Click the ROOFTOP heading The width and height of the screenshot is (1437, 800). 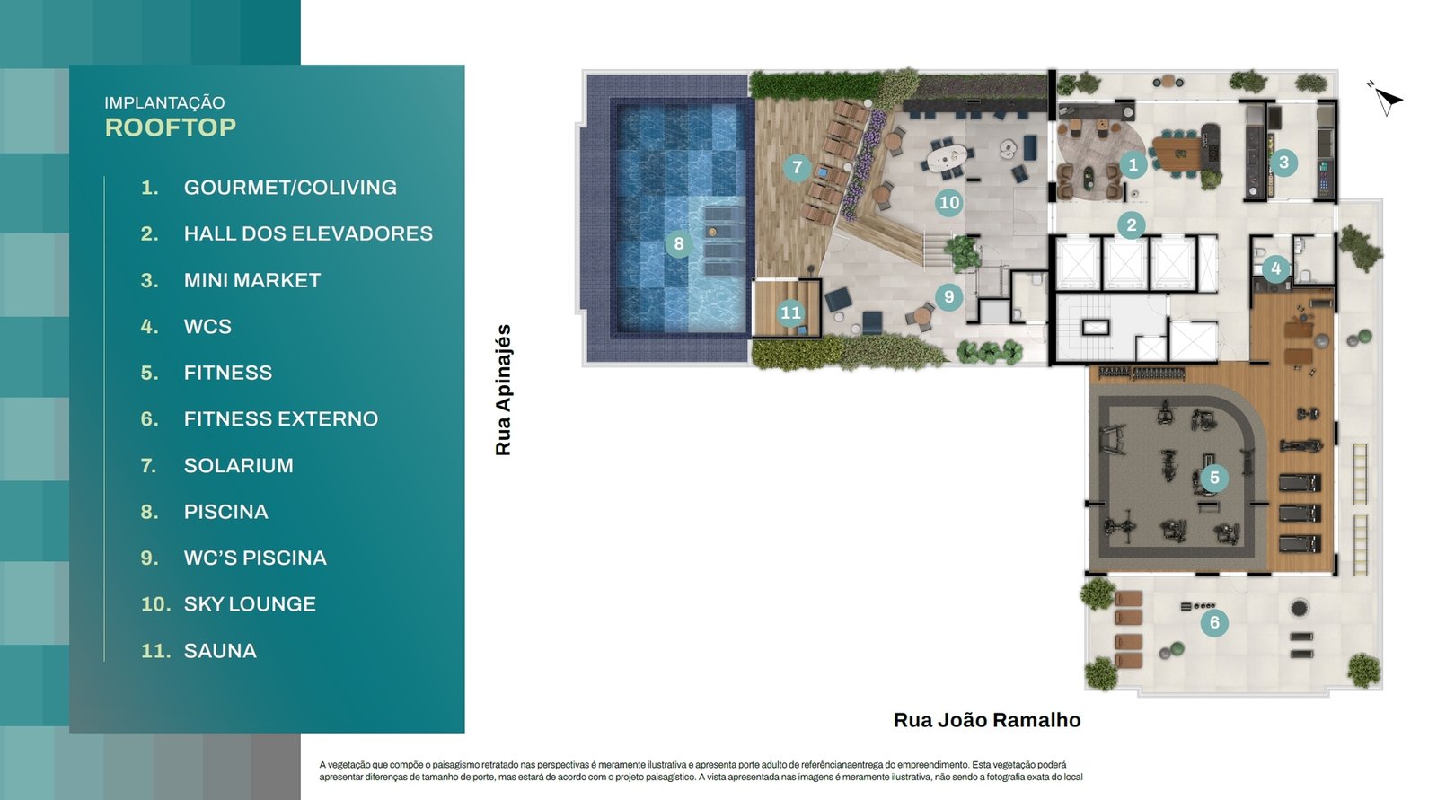point(171,127)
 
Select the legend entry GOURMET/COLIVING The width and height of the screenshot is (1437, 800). point(290,188)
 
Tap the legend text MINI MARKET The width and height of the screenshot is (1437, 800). point(252,280)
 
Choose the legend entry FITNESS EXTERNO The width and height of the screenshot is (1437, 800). point(281,419)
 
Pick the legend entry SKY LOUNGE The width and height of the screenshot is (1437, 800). point(250,604)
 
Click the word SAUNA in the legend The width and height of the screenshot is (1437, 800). point(220,651)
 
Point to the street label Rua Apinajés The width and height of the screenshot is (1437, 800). point(503,390)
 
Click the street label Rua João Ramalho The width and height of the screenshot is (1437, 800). point(987,720)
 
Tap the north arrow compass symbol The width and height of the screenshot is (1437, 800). point(1387,100)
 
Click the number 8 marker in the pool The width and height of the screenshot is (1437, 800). point(679,244)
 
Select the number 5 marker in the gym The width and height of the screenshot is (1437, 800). point(1213,478)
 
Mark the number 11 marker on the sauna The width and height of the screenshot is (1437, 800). point(790,312)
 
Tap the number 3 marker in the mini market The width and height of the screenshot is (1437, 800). point(1283,163)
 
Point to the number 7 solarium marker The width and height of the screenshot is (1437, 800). point(798,167)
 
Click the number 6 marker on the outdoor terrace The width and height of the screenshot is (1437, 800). point(1213,622)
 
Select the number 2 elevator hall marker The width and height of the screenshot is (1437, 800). point(1131,225)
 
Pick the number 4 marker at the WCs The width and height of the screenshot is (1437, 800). point(1275,268)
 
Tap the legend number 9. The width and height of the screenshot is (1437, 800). point(149,558)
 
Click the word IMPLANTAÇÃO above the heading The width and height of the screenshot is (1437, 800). point(165,102)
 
